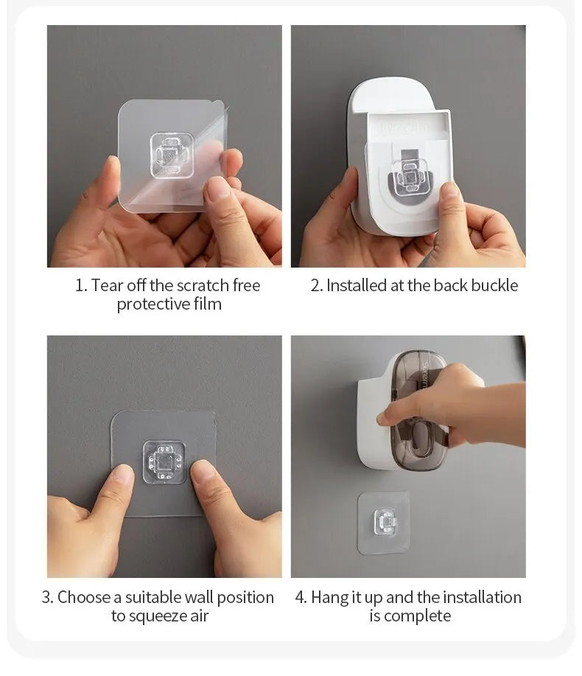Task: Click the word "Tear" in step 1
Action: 107,285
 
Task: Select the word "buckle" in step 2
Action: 495,285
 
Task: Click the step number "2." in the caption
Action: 317,285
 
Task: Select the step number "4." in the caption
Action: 301,597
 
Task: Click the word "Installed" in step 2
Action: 357,285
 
